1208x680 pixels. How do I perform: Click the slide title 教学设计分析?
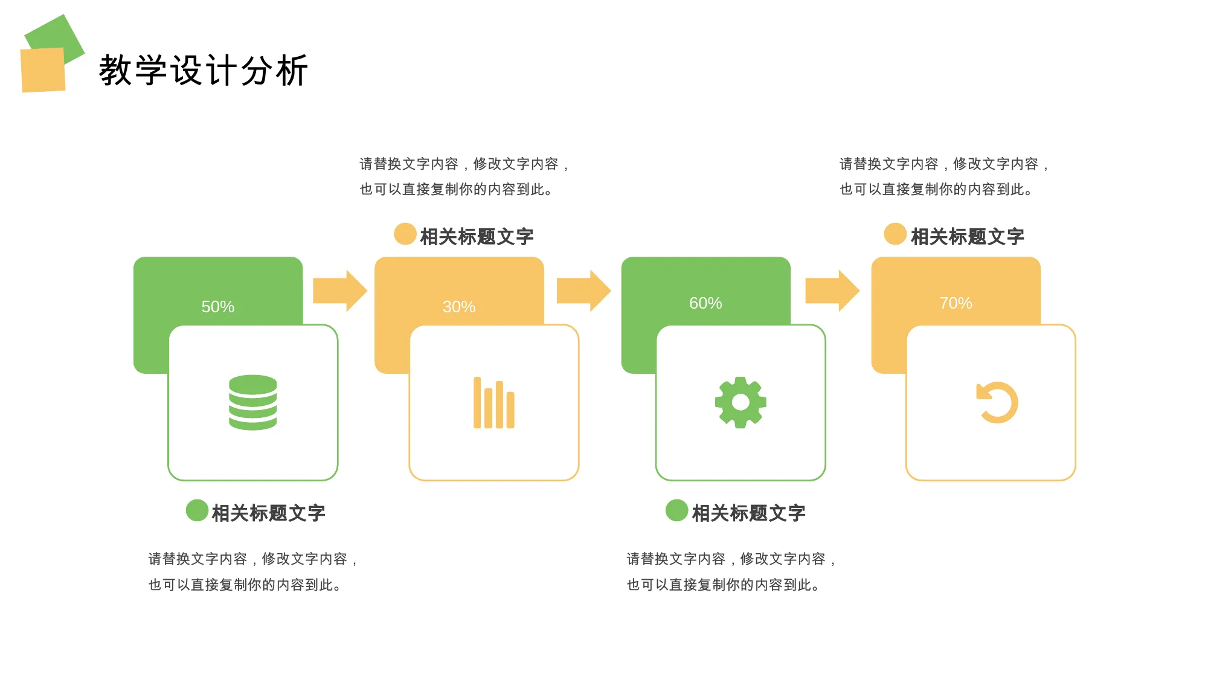(x=204, y=71)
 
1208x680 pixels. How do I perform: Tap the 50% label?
(x=218, y=307)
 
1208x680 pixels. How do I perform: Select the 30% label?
(x=459, y=307)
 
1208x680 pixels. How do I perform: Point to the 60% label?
(x=705, y=303)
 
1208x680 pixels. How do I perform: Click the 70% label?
(x=956, y=303)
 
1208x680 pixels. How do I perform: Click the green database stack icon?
(x=253, y=402)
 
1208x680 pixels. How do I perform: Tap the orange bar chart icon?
(x=494, y=403)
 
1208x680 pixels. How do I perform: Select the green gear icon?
(x=741, y=402)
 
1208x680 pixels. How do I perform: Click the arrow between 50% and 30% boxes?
(x=340, y=290)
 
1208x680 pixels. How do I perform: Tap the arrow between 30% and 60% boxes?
(x=583, y=290)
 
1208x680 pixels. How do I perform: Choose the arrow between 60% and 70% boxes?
(x=832, y=290)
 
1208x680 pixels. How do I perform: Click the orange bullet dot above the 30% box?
(x=405, y=234)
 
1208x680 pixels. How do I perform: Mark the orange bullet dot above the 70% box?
(x=895, y=234)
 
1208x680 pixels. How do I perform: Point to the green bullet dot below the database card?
(x=197, y=510)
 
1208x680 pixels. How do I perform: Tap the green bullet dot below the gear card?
(x=676, y=510)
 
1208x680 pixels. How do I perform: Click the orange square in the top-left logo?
(x=43, y=70)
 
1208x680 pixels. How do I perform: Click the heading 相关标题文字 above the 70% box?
(x=968, y=237)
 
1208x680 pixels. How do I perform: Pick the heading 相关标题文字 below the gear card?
(x=749, y=513)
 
